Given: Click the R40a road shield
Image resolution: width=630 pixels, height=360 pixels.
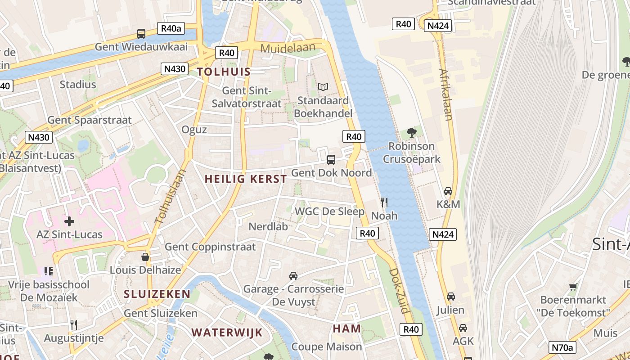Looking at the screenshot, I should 171,29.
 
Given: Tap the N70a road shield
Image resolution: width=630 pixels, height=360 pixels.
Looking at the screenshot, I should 563,347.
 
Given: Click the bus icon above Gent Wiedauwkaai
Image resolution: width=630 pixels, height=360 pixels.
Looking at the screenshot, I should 141,33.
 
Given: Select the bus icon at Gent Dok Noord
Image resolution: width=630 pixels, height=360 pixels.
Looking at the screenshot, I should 331,159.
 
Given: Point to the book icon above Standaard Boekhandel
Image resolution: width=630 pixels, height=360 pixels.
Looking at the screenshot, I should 323,87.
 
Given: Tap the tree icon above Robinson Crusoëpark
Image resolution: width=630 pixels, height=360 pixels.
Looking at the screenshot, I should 411,132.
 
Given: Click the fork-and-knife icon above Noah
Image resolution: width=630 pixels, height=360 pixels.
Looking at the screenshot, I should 384,202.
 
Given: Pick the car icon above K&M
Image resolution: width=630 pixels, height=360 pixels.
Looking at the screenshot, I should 448,191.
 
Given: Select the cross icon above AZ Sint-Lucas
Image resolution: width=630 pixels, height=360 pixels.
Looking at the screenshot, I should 69,221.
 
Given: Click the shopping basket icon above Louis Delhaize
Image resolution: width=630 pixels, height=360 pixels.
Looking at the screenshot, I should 145,257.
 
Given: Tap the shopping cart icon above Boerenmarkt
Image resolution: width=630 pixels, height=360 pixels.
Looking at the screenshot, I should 573,286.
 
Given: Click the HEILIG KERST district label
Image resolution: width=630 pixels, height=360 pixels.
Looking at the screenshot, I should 246,179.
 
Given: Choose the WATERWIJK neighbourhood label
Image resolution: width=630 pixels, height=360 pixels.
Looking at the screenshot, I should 227,333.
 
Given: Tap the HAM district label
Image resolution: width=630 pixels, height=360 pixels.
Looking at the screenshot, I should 347,328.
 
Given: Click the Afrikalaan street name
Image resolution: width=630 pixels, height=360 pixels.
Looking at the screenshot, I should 445,95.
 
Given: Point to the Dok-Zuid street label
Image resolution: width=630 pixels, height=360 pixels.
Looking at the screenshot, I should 399,291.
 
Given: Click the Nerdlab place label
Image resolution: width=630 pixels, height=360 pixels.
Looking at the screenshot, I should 268,226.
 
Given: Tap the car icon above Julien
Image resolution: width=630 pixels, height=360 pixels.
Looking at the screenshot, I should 450,297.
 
